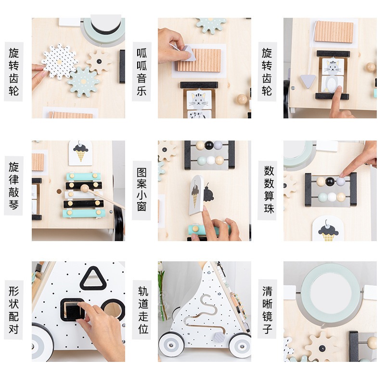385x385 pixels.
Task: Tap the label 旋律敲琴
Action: [x=13, y=185]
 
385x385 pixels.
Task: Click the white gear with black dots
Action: [x=59, y=61]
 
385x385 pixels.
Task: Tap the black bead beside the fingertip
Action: [x=330, y=181]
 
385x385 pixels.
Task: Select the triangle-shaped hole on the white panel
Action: [x=92, y=279]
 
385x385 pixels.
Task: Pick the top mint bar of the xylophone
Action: [x=84, y=177]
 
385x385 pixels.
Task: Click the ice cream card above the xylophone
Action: [x=80, y=152]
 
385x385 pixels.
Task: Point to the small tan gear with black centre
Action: [x=99, y=61]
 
